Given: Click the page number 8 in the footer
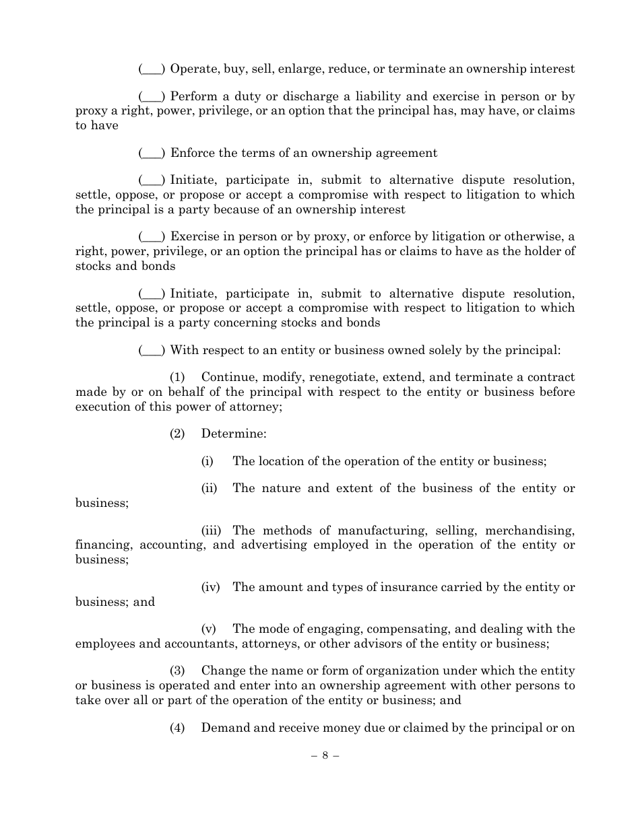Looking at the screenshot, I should click(325, 755).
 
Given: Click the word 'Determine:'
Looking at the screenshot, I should click(233, 434).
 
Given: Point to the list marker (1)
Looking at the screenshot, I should click(177, 378).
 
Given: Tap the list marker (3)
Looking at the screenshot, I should click(177, 671).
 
